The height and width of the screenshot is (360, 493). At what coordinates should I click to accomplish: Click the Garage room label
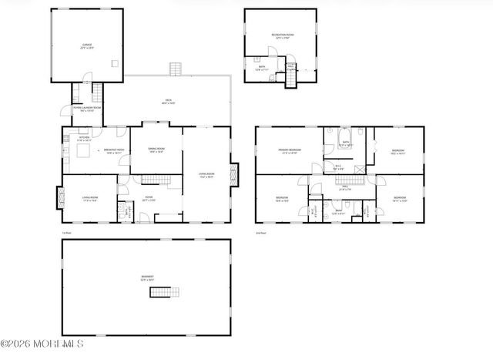click(x=87, y=46)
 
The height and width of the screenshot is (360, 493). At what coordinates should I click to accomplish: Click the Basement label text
click(x=146, y=278)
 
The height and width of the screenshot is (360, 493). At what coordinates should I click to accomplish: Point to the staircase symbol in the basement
click(x=167, y=291)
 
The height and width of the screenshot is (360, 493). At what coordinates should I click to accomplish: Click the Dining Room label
click(x=156, y=151)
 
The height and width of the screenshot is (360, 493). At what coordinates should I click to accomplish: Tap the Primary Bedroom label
click(x=290, y=152)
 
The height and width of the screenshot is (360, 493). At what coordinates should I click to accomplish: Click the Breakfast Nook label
click(x=115, y=151)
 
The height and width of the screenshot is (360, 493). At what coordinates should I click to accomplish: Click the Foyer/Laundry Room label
click(x=87, y=109)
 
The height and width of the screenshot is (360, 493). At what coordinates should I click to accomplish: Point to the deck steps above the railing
click(x=176, y=70)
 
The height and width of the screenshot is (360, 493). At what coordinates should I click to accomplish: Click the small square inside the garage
click(x=114, y=64)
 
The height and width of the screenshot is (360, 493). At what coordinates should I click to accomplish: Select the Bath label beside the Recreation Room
click(x=262, y=68)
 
